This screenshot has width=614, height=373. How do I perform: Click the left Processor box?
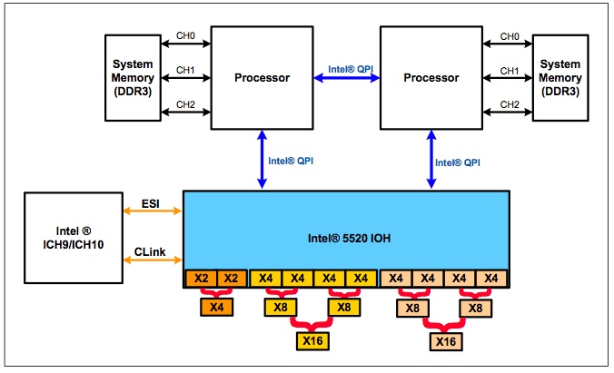pos(262,78)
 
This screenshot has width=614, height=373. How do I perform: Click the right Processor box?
pos(431,78)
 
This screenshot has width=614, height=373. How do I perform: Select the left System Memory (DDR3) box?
pos(133,78)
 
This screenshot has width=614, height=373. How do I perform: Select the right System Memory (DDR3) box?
pos(560,78)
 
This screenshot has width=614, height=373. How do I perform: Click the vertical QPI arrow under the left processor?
pos(262,160)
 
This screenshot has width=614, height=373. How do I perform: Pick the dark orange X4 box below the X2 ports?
pos(215,308)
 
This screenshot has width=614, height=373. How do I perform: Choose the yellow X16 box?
pos(312,341)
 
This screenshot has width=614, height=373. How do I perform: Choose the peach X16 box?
pos(445,341)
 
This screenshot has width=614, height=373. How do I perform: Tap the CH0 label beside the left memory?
pos(184,36)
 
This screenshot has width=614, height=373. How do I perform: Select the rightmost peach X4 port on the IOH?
pos(491,278)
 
